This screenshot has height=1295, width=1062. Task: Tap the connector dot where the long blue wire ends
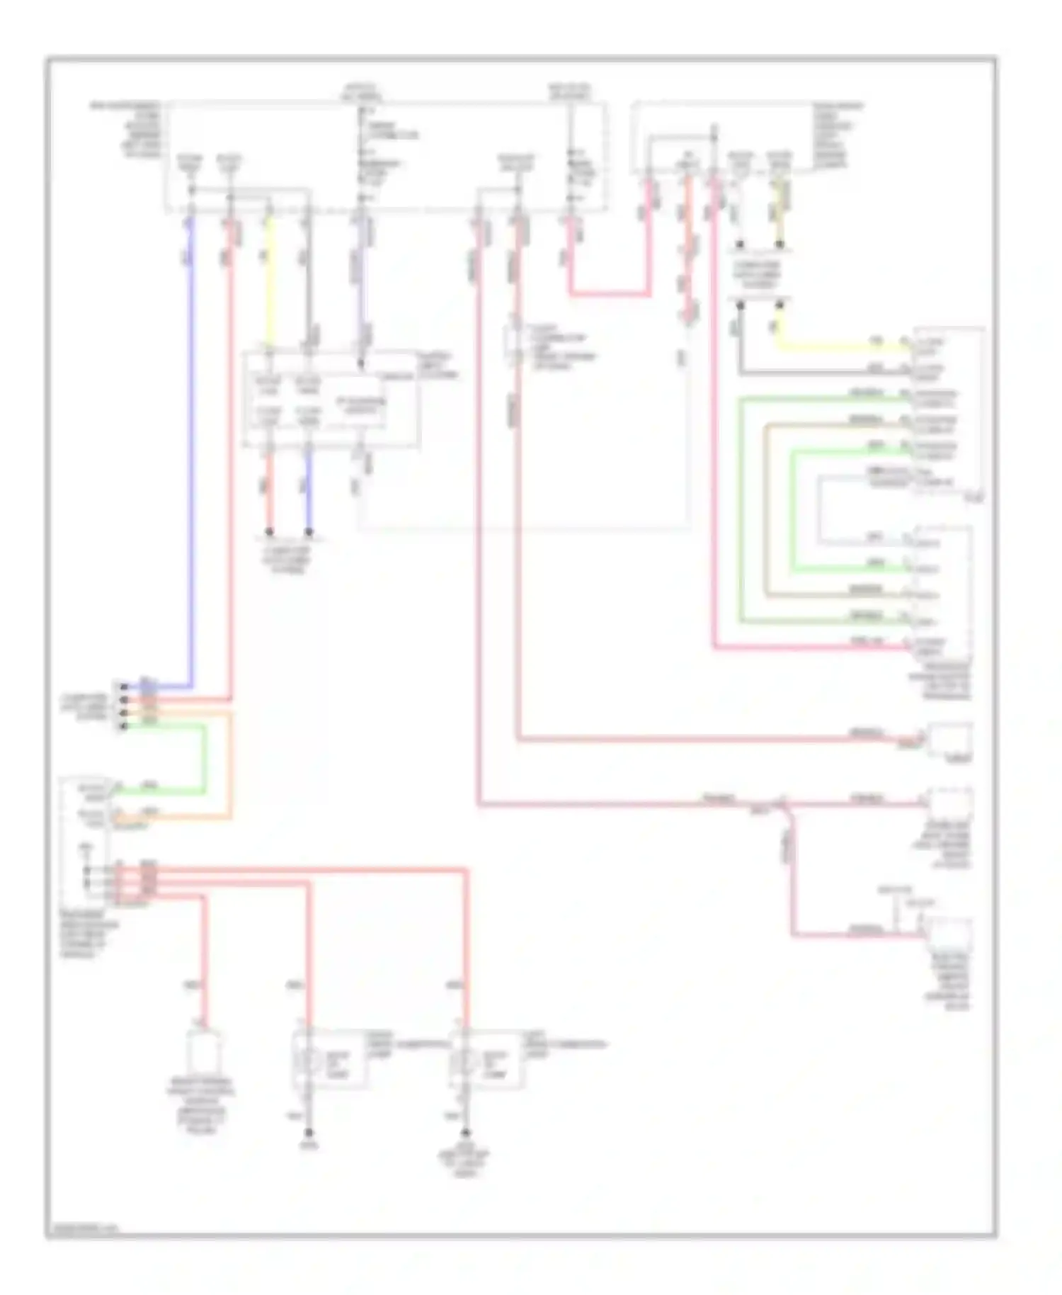click(124, 686)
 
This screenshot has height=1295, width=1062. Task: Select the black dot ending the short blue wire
click(309, 531)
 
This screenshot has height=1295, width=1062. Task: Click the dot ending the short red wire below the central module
click(269, 531)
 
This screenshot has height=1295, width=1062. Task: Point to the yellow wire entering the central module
click(268, 283)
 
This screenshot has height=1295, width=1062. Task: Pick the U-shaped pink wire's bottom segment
click(609, 293)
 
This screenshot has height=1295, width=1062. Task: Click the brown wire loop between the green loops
click(766, 510)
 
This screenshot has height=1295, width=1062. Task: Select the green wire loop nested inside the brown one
click(792, 510)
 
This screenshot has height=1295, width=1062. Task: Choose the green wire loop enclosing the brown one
click(741, 510)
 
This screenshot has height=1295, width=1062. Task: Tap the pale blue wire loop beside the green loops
click(819, 510)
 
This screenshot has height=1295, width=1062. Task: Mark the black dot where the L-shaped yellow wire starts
click(780, 305)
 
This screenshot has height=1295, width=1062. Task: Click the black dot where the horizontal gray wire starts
click(740, 305)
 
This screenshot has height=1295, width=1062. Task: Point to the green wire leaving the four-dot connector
click(205, 758)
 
